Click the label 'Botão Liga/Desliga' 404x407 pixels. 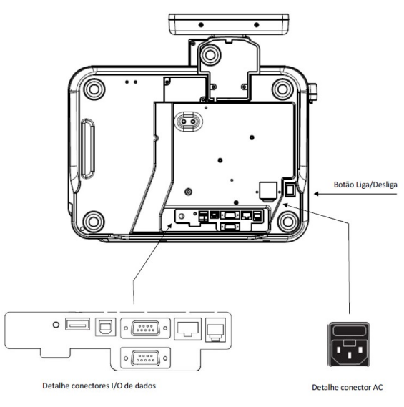pos(365,185)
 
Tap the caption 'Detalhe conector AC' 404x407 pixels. pos(348,387)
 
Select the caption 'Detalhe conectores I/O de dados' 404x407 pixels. pos(99,386)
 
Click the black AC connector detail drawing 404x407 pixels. pos(349,344)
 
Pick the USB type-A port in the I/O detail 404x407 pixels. pos(78,324)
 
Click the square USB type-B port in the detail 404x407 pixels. pos(105,327)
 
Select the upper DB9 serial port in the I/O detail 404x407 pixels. pos(145,328)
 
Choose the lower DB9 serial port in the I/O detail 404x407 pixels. pos(145,358)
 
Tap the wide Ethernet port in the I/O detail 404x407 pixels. pos(188,329)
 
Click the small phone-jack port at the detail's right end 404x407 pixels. pos(216,330)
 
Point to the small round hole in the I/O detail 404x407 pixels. pos(56,325)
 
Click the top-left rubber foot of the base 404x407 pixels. pos(94,89)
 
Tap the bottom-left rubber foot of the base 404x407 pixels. pos(94,222)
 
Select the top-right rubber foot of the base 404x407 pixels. pos(282,89)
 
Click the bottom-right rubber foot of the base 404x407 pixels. pos(287,222)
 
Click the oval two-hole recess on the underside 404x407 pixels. pos(188,122)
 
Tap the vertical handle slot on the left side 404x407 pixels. pos(88,149)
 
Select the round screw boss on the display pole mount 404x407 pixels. pos(210,55)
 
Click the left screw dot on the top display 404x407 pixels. pos(201,25)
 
